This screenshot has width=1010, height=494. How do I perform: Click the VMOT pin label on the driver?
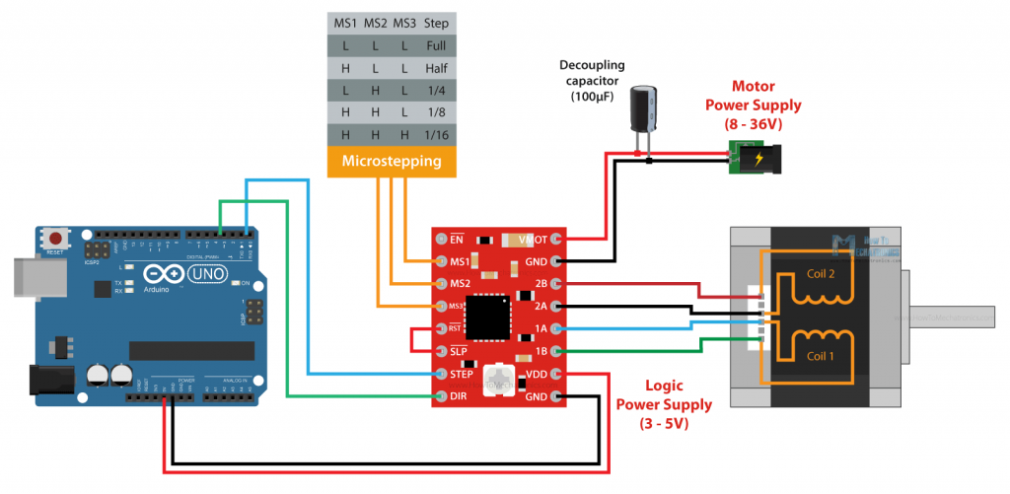coord(534,239)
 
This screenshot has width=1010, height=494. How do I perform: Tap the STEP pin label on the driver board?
coord(459,374)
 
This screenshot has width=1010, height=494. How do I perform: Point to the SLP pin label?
coord(457,351)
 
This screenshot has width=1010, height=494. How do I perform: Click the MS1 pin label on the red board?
coord(457,261)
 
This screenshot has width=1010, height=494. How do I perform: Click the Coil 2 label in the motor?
coord(822,275)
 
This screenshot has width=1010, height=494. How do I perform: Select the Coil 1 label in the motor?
coord(821,356)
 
